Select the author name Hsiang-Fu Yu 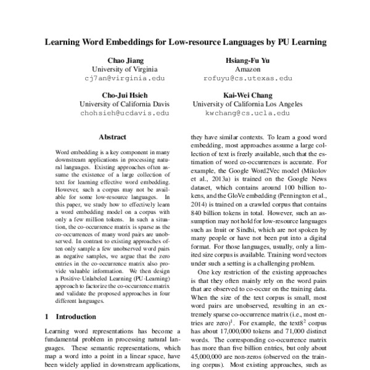pos(247,61)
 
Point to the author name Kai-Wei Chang pos(247,96)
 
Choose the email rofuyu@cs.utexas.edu pos(247,79)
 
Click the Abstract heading pos(112,137)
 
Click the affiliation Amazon pos(247,70)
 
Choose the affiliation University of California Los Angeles pos(247,105)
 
